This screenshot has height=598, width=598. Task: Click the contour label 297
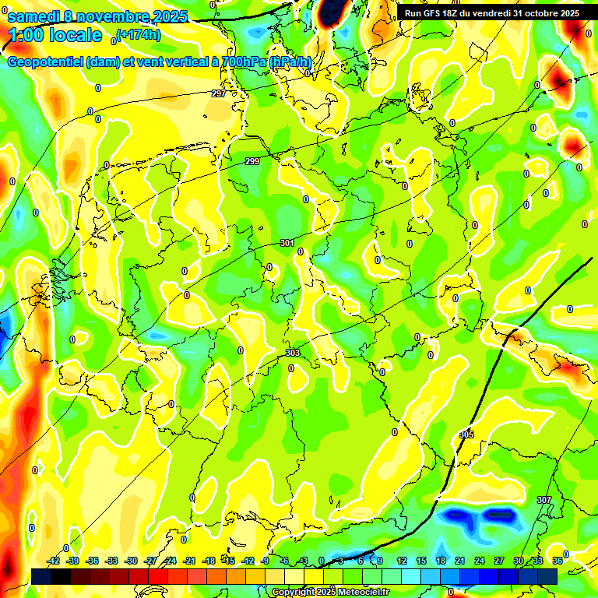point(219,93)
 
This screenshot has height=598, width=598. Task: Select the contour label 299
point(252,161)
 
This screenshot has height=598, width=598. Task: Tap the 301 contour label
point(287,244)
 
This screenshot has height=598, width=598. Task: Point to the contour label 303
point(293,353)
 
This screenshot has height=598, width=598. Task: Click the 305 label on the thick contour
point(466,434)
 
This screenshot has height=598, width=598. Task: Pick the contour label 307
point(543,499)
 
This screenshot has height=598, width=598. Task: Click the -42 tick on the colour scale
point(55,561)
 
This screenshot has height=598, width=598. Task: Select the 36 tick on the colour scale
point(558,561)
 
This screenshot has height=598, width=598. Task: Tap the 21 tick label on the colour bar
point(459,561)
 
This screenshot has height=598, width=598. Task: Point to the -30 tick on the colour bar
point(132,561)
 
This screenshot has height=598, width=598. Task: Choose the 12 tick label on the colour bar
point(402,561)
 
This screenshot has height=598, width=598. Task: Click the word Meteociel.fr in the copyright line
point(365,593)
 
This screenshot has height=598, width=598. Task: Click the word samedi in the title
point(33,16)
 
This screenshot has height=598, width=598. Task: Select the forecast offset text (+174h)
point(139,34)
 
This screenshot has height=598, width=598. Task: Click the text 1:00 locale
point(55,35)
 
